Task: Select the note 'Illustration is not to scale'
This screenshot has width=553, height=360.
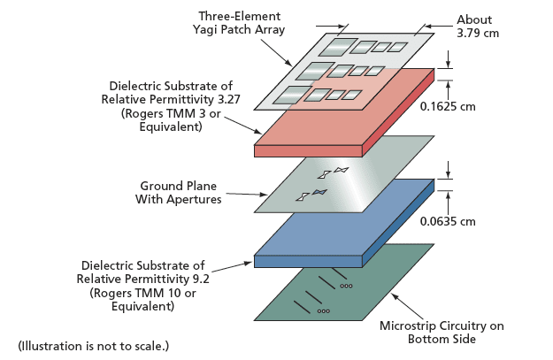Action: (94, 345)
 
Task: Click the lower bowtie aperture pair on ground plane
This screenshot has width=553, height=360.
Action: (315, 193)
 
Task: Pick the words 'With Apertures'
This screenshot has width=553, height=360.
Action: (180, 200)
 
